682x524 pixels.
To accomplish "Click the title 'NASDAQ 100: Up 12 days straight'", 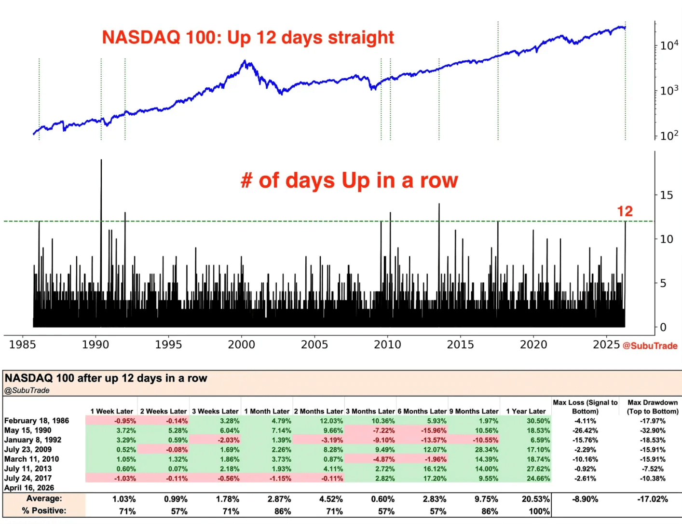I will click(x=248, y=37).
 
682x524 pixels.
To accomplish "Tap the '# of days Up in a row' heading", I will click(x=349, y=180).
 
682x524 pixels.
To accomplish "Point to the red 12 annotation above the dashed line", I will click(x=625, y=211).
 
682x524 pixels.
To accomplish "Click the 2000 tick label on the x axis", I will click(x=241, y=345).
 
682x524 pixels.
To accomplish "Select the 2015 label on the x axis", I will click(x=460, y=345).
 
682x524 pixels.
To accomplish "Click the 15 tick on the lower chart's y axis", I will click(x=666, y=195).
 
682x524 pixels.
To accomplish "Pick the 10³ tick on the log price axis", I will click(x=668, y=90).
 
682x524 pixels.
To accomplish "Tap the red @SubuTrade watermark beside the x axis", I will click(x=650, y=345).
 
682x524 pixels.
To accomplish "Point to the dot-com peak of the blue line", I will click(x=245, y=62).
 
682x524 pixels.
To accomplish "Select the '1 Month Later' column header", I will click(x=267, y=411).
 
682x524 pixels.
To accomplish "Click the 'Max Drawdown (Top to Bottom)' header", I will click(x=652, y=407).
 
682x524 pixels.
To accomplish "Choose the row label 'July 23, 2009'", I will click(x=28, y=449).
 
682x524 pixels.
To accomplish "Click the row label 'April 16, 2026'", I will click(x=29, y=488).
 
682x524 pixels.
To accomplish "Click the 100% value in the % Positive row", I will click(x=539, y=511).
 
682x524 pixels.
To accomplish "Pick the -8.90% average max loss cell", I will click(x=585, y=499).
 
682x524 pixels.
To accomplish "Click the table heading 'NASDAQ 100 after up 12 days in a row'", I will click(x=106, y=378).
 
